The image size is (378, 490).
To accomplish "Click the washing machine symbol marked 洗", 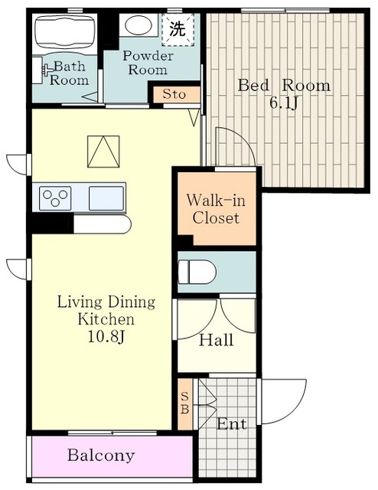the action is (178, 30).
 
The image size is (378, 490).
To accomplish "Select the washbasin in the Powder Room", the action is (138, 25).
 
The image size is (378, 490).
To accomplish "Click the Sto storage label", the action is (174, 94).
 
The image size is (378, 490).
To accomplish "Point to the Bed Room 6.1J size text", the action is (283, 103).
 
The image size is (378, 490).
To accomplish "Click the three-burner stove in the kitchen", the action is (55, 198).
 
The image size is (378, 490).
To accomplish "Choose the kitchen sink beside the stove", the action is (106, 198).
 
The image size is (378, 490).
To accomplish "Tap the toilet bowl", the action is (197, 272).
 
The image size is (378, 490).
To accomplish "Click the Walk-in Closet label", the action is (216, 209).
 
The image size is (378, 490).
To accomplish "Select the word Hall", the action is (217, 340).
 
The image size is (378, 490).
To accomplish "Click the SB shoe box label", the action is (185, 403).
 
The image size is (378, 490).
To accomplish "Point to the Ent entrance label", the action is (232, 424).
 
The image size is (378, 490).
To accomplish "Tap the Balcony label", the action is (101, 455).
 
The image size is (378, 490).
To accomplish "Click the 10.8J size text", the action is (106, 337).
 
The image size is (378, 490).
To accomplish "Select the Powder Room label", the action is (148, 63).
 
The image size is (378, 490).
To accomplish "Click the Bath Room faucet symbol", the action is (47, 70).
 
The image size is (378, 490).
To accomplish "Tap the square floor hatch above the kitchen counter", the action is (103, 152).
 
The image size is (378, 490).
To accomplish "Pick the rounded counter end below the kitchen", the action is (103, 224).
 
